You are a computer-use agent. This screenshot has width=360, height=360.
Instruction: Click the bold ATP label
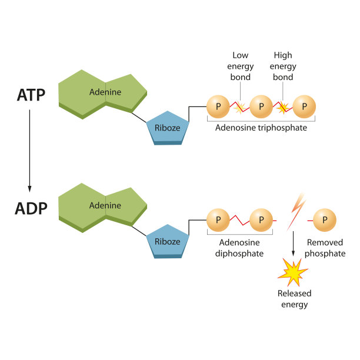tap(31, 95)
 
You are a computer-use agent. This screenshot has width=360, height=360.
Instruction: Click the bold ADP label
tap(31, 208)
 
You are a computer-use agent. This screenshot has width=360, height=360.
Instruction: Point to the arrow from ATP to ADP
tap(29, 151)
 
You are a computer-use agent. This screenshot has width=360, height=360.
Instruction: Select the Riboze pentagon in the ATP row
tap(168, 126)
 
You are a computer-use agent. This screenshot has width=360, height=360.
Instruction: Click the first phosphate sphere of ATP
tap(218, 107)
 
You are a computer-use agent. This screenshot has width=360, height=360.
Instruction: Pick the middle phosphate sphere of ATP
tap(262, 107)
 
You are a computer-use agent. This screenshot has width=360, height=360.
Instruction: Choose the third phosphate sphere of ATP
tap(304, 107)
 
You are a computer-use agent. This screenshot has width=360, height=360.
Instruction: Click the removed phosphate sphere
tap(325, 221)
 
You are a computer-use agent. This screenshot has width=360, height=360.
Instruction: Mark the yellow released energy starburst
tap(292, 272)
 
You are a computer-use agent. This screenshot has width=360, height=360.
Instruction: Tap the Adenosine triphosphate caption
tap(261, 127)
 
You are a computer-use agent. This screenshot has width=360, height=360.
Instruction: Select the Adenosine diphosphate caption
tap(240, 248)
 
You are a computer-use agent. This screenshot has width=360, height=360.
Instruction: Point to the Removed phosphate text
tap(326, 248)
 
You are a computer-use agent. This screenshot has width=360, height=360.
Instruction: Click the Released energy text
tap(294, 299)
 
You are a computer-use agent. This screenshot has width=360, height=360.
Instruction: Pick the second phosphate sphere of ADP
tap(262, 221)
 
